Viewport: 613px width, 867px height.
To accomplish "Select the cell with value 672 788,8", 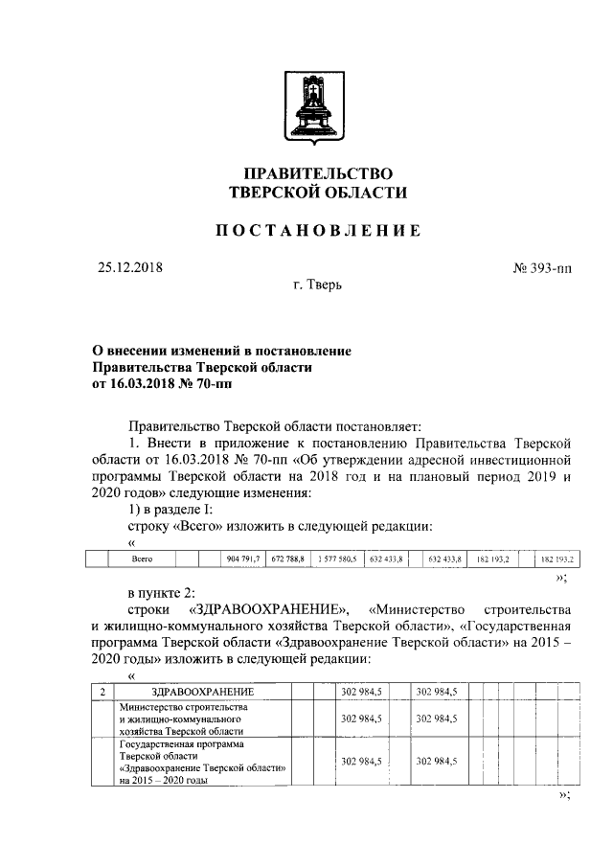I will tap(288, 558).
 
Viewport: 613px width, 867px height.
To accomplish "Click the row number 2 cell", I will tap(102, 692).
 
